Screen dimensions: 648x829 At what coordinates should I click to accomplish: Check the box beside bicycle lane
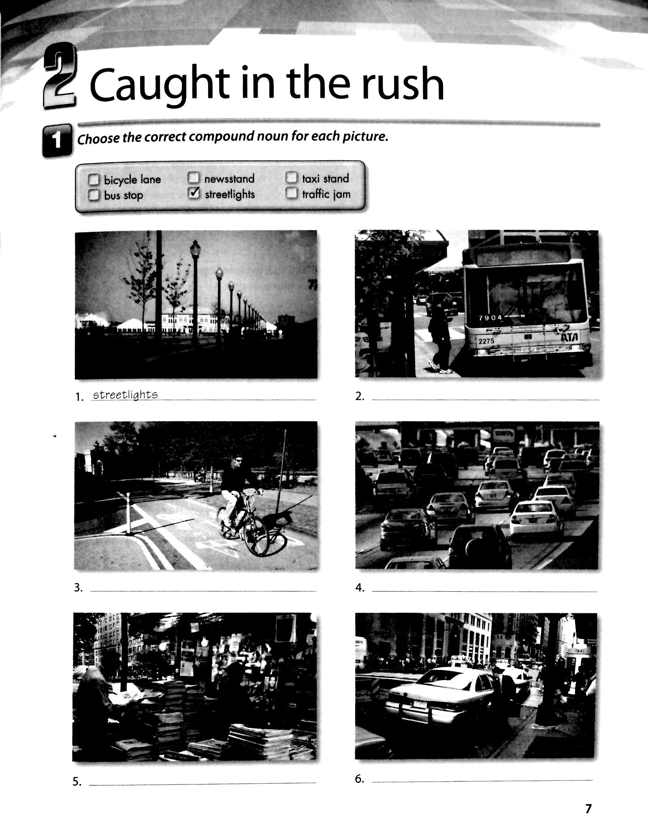(94, 179)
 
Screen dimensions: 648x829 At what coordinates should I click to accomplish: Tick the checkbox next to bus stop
(94, 196)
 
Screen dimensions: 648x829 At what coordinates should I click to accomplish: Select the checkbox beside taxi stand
(292, 178)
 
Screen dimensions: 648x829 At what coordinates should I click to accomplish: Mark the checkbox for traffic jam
(292, 194)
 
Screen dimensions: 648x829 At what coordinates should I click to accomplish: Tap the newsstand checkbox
(194, 178)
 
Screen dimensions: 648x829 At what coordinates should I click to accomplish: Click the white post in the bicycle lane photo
(128, 514)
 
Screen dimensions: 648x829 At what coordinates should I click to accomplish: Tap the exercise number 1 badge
(56, 141)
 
